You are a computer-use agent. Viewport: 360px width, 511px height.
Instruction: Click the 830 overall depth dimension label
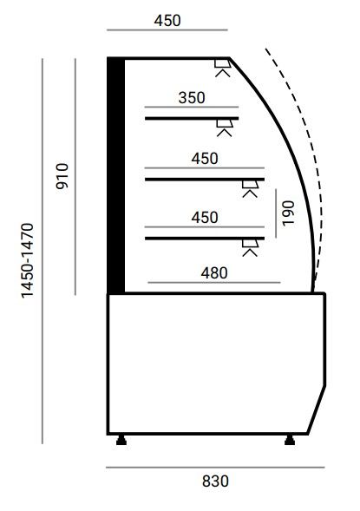(215, 481)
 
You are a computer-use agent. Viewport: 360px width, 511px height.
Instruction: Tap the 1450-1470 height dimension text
(28, 261)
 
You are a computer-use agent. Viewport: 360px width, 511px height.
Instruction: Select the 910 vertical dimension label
(62, 176)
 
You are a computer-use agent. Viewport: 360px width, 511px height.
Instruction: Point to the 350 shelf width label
(192, 98)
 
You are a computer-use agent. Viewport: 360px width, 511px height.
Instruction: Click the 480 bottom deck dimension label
(214, 273)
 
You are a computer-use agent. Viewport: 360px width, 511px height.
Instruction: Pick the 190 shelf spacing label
(288, 213)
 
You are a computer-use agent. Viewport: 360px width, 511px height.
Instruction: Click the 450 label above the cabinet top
(167, 21)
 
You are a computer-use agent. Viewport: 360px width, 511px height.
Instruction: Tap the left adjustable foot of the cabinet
(121, 440)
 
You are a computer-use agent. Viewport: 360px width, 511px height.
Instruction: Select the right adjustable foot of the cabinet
(290, 440)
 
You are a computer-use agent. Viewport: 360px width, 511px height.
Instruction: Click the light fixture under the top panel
(223, 69)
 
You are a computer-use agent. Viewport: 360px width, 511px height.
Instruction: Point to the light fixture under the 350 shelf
(225, 128)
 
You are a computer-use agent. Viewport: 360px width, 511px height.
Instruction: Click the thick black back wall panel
(116, 175)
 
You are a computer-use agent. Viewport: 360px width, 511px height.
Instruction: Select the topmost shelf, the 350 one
(192, 118)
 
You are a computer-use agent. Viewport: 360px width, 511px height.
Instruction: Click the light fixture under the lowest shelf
(250, 248)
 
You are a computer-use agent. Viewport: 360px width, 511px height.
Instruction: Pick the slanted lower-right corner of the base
(317, 409)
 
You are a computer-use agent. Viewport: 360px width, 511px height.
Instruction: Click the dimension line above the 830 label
(215, 468)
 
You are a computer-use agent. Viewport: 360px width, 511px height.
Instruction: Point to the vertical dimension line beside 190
(276, 213)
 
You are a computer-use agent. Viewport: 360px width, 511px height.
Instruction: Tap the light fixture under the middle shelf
(250, 189)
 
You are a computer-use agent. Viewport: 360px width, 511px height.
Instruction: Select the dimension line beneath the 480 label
(214, 283)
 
